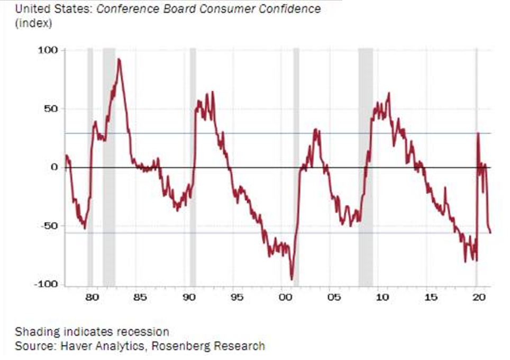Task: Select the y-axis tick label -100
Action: pyautogui.click(x=45, y=284)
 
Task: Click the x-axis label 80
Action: pyautogui.click(x=92, y=298)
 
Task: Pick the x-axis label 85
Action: pyautogui.click(x=140, y=298)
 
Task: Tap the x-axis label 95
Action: pyautogui.click(x=237, y=298)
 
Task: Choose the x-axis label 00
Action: pyautogui.click(x=286, y=298)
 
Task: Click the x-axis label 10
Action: pyautogui.click(x=382, y=298)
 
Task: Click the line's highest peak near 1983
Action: pyautogui.click(x=119, y=59)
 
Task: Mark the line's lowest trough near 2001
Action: pyautogui.click(x=292, y=279)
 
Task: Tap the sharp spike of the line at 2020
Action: pyautogui.click(x=478, y=133)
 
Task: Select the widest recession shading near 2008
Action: pyautogui.click(x=365, y=167)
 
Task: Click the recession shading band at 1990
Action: pyautogui.click(x=193, y=167)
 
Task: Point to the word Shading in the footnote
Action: pyautogui.click(x=33, y=332)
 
